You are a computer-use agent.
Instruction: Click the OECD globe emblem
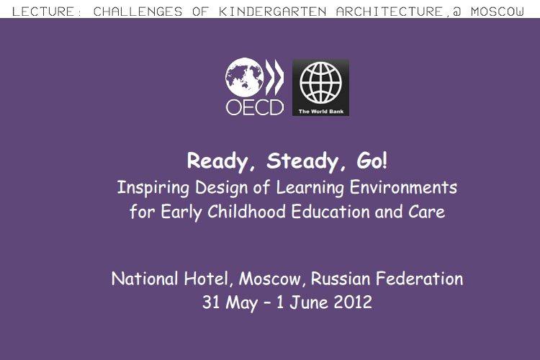(244, 78)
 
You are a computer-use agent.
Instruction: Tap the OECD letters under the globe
(255, 107)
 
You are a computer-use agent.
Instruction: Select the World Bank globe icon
(320, 83)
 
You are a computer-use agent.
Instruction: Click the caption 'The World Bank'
(320, 112)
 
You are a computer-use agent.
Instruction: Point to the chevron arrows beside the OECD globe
(274, 77)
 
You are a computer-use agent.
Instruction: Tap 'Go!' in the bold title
(372, 161)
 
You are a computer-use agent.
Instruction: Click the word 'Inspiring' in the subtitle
(153, 188)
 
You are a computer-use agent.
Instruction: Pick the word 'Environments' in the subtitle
(404, 188)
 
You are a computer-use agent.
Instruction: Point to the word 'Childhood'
(246, 211)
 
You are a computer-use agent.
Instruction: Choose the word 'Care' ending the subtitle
(427, 212)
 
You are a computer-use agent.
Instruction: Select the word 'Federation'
(420, 279)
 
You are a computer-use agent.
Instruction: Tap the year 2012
(353, 302)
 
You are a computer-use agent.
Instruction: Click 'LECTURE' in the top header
(43, 12)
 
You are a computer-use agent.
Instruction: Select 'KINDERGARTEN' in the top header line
(272, 12)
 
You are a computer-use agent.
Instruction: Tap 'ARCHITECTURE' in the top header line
(390, 12)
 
